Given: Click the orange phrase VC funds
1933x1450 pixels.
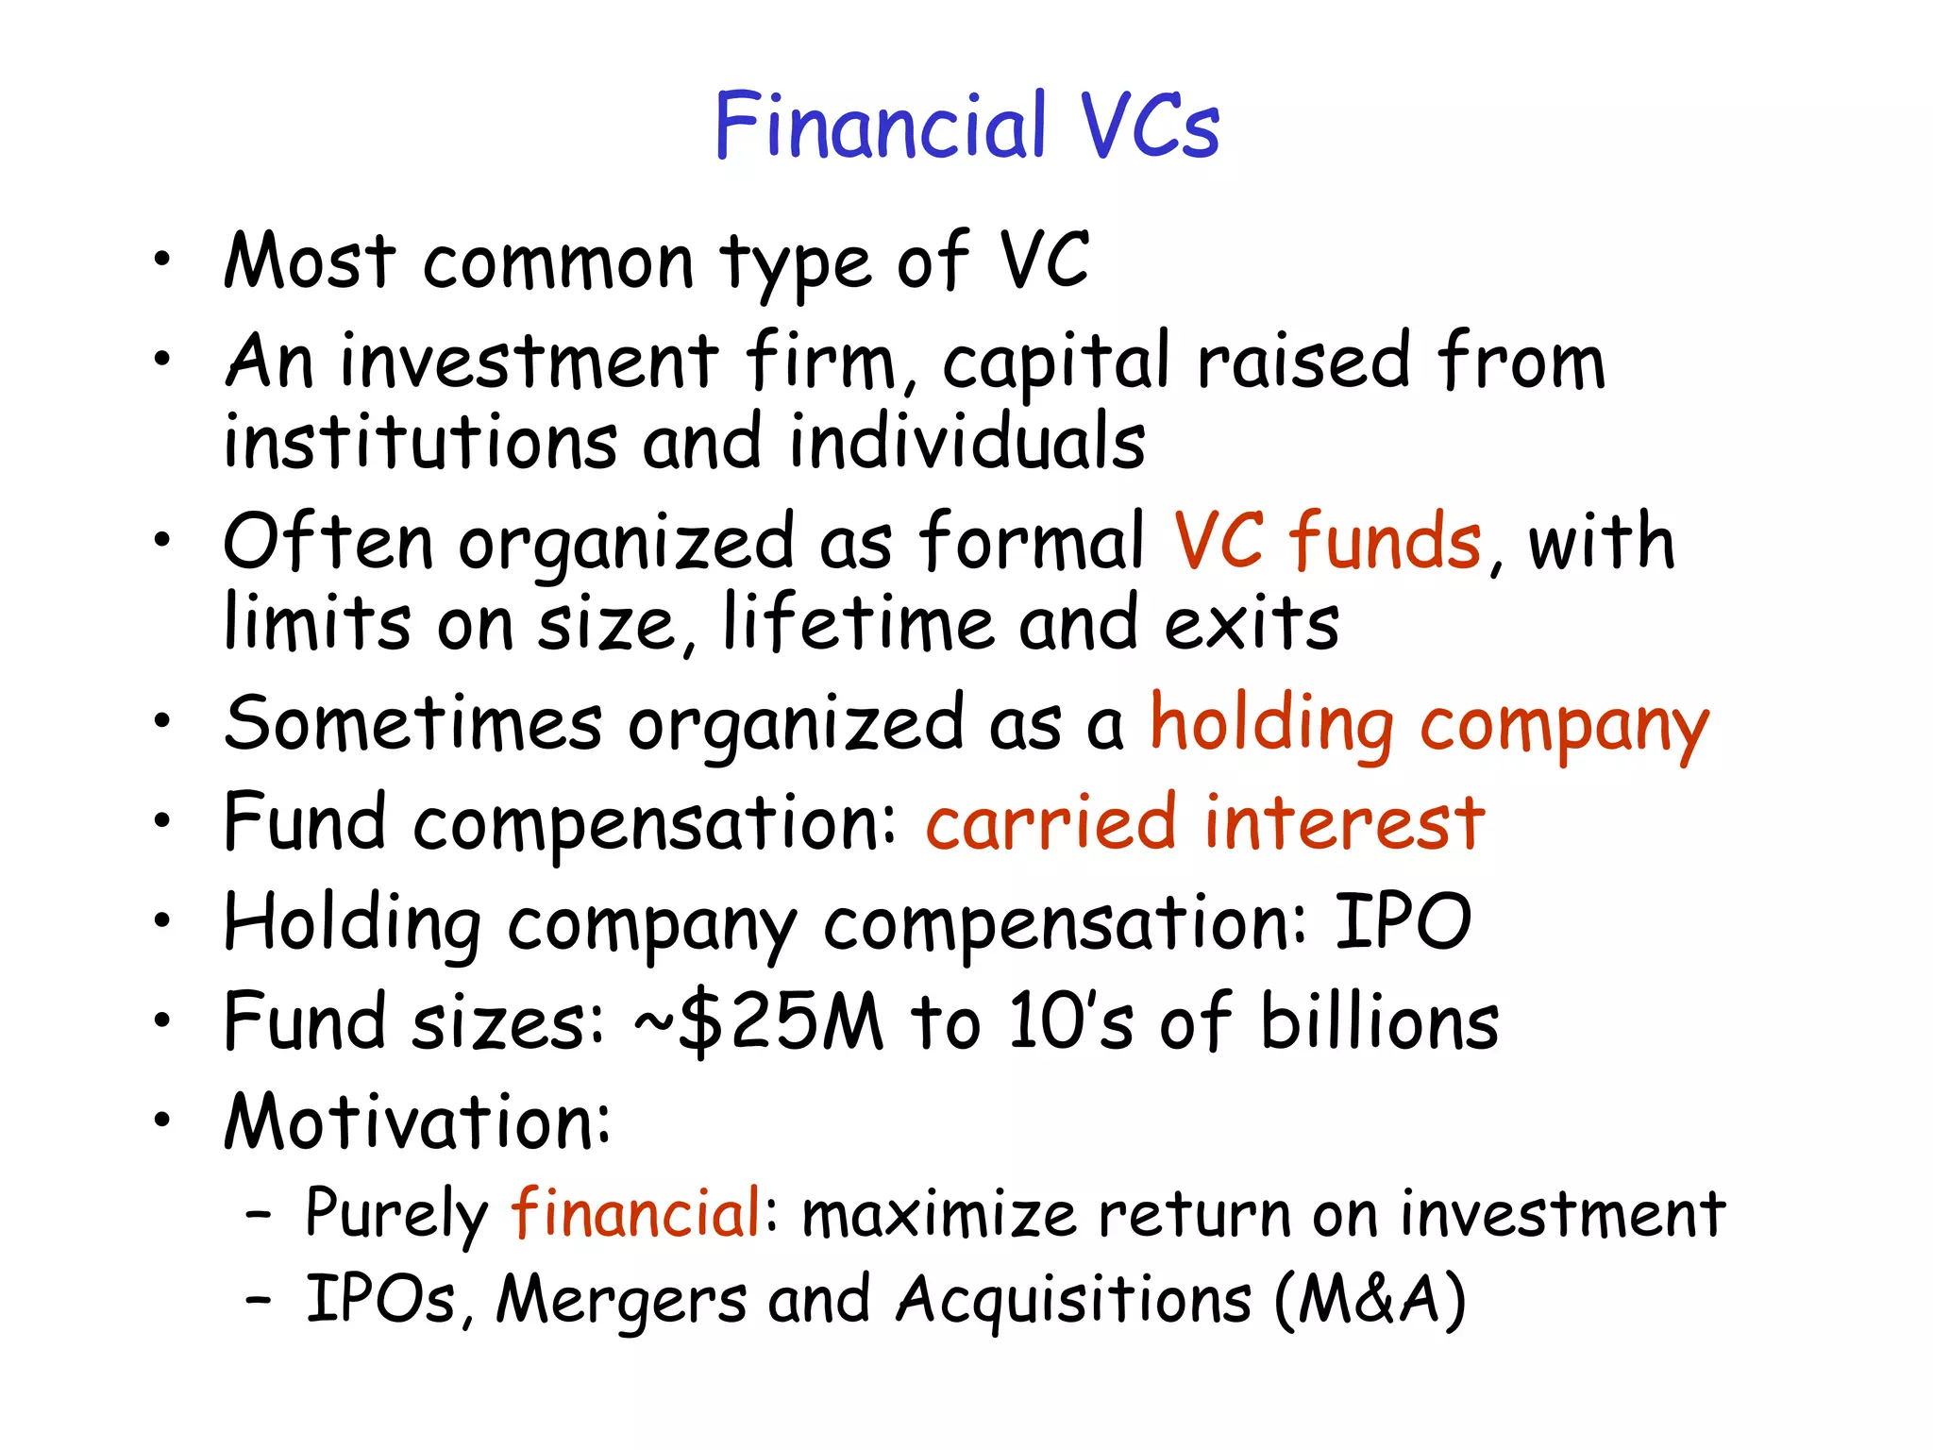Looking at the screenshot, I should click(1327, 542).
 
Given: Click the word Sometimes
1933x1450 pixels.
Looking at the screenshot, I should click(412, 724).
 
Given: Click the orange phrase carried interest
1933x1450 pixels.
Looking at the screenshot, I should click(1205, 823).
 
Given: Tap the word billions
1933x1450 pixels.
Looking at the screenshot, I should click(1380, 1022).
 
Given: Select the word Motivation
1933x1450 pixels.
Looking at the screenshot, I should click(416, 1122).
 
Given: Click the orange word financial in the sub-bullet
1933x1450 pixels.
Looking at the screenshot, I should click(636, 1213).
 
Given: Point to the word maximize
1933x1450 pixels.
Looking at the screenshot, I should click(938, 1215).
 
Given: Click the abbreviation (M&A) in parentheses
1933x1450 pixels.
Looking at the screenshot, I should click(1370, 1301).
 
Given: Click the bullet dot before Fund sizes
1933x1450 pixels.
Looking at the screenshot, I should click(163, 1020).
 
